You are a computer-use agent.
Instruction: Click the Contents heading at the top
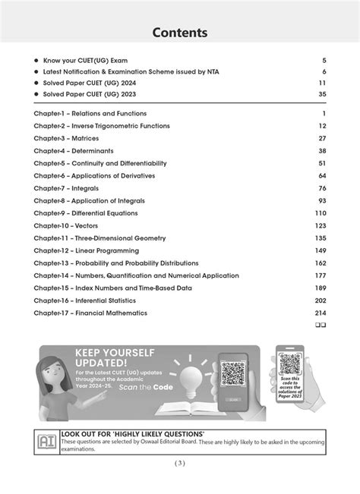[180, 33]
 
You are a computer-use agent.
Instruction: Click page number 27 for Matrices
[322, 138]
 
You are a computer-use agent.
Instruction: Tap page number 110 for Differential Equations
[321, 213]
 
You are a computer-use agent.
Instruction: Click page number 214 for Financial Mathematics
[321, 313]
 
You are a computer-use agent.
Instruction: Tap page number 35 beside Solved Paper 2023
[322, 94]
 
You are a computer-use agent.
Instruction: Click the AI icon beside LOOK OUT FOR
[46, 441]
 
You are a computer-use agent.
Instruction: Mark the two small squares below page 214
[321, 325]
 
